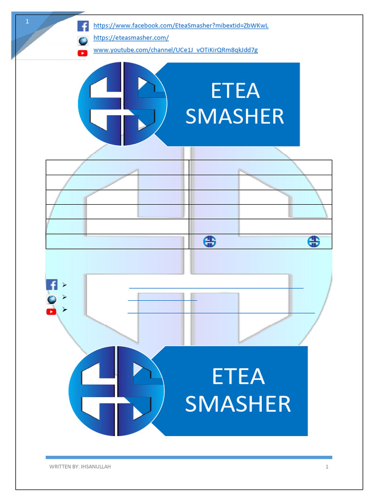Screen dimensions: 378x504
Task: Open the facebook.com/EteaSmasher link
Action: (181, 26)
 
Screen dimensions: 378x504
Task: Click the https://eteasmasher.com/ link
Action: (131, 38)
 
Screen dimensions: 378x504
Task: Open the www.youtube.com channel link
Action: (176, 50)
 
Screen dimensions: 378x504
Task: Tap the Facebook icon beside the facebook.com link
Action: (83, 26)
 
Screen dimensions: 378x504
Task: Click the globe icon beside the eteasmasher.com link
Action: (83, 41)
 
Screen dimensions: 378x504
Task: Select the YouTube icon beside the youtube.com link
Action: (83, 53)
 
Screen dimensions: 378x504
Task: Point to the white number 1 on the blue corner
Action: (28, 22)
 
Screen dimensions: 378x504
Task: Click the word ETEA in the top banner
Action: (235, 91)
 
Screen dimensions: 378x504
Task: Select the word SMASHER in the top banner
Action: (235, 116)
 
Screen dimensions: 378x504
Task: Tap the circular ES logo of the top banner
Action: (123, 104)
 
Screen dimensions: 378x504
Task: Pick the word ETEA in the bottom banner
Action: (239, 377)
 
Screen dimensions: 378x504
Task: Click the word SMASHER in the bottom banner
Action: (238, 404)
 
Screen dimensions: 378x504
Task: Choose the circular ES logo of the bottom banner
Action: (116, 391)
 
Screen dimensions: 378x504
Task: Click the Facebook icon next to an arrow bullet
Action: (52, 285)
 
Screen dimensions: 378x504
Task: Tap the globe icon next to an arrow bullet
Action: (52, 300)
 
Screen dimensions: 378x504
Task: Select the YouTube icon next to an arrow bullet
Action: (51, 312)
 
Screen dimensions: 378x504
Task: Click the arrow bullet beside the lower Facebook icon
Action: (64, 285)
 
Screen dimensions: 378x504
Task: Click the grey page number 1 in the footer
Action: (327, 467)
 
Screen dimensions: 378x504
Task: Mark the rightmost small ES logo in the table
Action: (314, 241)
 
